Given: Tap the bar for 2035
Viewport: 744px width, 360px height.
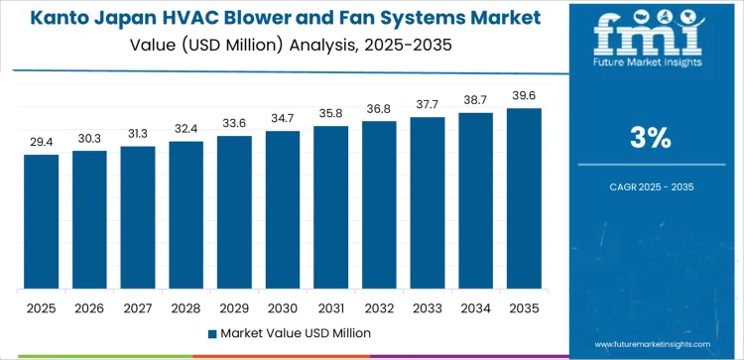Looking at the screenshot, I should click(x=524, y=198).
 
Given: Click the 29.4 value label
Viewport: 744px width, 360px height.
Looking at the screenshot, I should click(x=42, y=142).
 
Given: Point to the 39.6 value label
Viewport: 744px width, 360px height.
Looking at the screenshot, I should click(x=524, y=95).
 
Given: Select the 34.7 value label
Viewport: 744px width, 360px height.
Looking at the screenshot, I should click(x=283, y=118).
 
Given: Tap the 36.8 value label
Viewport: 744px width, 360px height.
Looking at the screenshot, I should click(x=379, y=108).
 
